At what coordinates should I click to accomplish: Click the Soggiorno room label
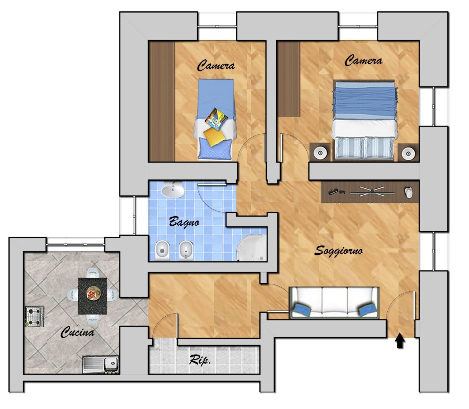click(338, 251)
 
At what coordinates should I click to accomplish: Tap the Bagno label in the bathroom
click(184, 222)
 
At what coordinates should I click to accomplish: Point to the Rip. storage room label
click(200, 360)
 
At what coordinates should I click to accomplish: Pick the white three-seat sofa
click(334, 303)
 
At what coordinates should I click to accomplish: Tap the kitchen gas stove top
click(35, 316)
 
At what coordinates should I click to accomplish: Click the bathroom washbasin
click(173, 189)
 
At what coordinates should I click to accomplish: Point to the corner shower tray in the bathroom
click(252, 248)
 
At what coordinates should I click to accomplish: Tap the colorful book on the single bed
click(216, 119)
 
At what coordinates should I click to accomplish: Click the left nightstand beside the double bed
click(320, 152)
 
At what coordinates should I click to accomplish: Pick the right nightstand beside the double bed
click(408, 152)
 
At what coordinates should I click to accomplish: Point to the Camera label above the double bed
click(363, 60)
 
